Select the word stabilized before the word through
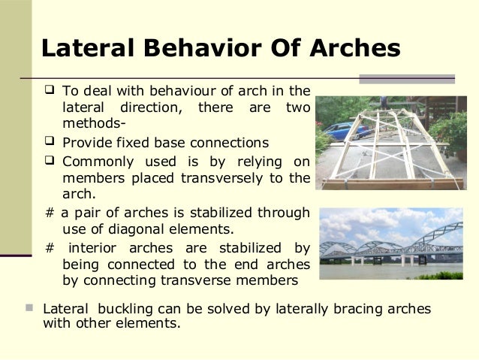(222, 213)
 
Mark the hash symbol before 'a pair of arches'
(50, 213)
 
